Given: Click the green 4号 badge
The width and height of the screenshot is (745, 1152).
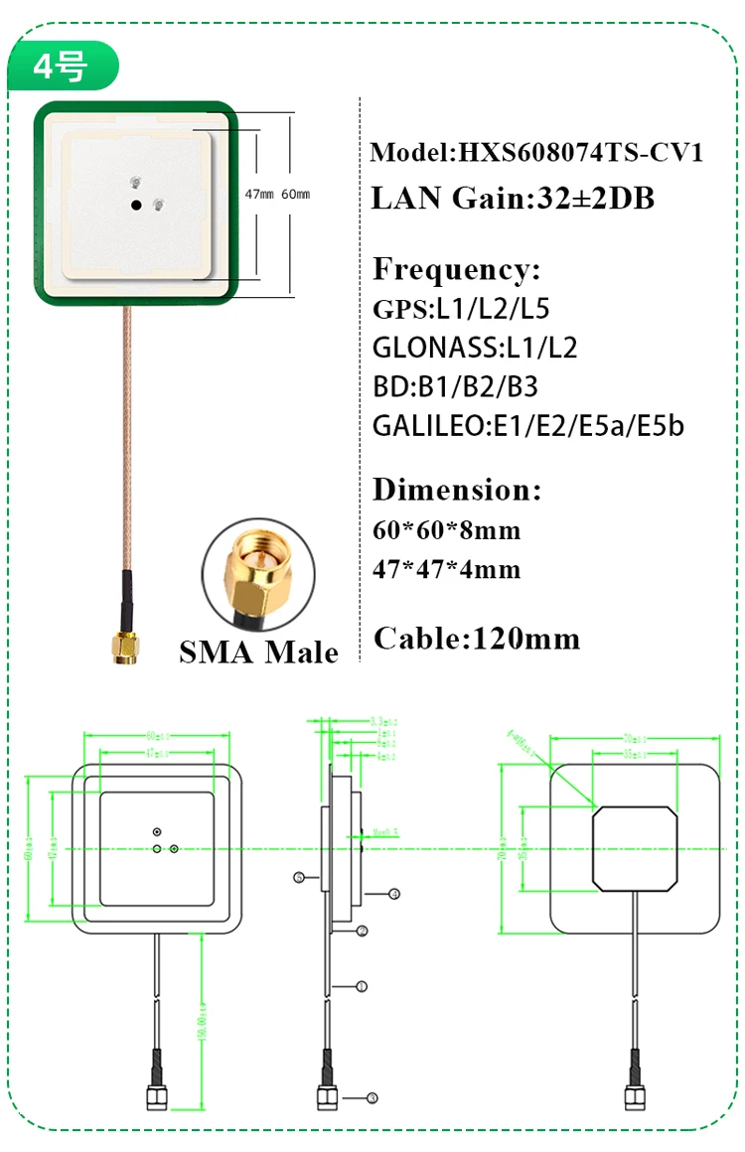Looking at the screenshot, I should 62,67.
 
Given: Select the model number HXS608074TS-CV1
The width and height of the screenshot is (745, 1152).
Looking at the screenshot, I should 579,153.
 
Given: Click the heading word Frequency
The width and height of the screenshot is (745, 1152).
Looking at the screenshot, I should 456,269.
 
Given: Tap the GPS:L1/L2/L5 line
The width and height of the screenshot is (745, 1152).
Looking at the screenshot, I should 461,309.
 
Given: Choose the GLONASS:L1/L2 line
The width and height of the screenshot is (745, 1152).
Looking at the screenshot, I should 475,348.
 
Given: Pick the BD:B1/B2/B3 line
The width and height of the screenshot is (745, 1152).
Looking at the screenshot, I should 455,386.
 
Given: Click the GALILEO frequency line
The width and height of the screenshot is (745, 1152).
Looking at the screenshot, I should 528,426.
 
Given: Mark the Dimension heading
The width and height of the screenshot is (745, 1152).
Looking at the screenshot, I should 457,490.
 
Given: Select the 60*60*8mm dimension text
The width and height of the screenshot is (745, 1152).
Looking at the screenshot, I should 447,529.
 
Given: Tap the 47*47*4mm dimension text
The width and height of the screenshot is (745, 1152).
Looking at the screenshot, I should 447,569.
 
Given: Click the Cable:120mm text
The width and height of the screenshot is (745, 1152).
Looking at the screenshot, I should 477,638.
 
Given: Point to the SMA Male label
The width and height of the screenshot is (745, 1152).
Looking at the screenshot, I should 258,651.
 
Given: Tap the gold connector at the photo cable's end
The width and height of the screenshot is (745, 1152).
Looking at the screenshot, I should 126,648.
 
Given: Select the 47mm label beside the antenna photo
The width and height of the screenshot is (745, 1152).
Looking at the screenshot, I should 261,195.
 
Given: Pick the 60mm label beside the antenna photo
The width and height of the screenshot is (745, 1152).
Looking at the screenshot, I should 296,195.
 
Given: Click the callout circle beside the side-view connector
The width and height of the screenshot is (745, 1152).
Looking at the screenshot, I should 372,1097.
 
